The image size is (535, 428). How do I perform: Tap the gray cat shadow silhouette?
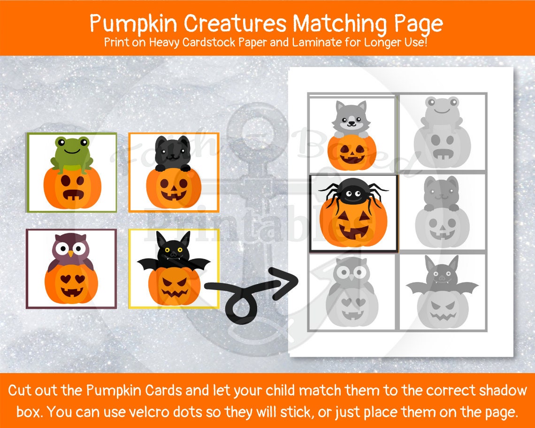442,192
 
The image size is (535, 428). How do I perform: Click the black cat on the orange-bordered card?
173,153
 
